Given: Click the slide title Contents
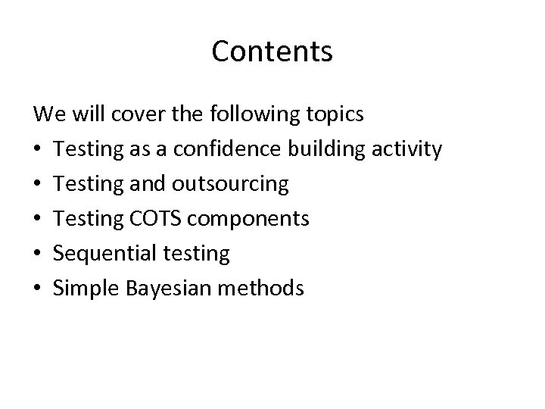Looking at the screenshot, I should (272, 52).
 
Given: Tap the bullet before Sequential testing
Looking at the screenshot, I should (39, 254).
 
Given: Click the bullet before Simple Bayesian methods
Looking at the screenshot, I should (39, 288).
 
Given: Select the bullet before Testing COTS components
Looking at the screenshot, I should (39, 219).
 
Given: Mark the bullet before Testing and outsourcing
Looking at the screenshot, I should (39, 184).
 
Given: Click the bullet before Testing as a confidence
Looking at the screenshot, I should (39, 150).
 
